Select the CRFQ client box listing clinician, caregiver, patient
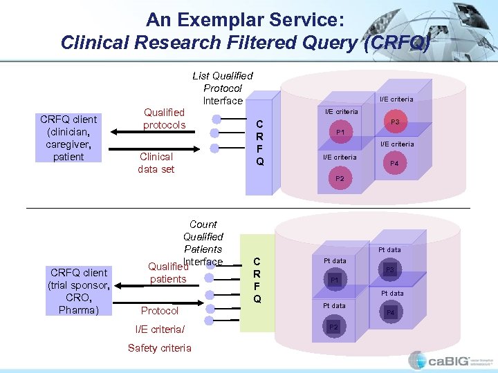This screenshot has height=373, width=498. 68,138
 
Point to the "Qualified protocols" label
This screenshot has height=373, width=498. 164,118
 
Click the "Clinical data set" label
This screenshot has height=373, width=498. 156,162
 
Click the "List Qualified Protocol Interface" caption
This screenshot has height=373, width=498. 223,88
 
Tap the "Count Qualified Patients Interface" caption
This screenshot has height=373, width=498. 203,242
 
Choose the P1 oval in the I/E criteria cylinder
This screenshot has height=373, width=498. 340,131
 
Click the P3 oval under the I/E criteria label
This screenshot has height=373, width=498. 395,122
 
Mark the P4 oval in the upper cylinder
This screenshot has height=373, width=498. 394,163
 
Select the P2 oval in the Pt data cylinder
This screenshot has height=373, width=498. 334,327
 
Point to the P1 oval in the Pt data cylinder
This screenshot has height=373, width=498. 334,280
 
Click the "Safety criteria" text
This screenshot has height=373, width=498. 159,347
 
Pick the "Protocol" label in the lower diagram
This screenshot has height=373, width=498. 160,311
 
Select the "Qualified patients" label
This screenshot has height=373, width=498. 168,273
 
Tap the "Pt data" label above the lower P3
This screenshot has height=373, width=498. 389,249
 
